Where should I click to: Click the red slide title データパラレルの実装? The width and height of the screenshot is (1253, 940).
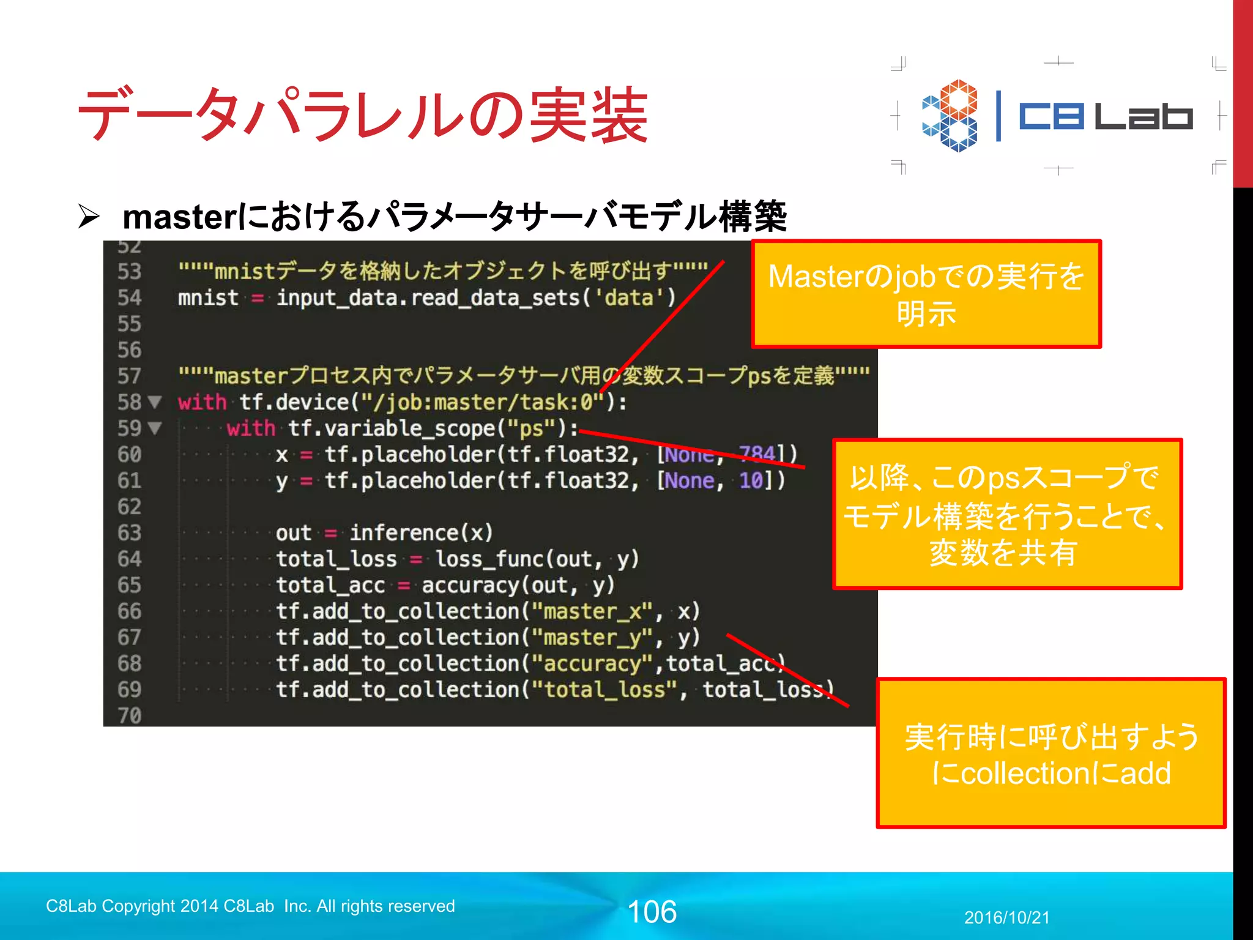click(x=362, y=115)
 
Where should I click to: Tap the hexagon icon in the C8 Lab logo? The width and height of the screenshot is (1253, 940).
click(x=950, y=116)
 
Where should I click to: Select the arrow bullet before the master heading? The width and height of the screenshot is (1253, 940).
click(x=89, y=217)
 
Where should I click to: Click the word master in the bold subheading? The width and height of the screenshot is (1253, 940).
click(x=178, y=217)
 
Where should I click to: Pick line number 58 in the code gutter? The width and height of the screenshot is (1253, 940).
click(x=129, y=402)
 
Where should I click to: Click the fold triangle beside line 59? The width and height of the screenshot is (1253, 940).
click(x=155, y=428)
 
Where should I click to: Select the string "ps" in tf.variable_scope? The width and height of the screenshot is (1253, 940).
click(x=531, y=428)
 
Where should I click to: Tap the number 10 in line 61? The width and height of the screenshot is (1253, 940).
click(x=751, y=481)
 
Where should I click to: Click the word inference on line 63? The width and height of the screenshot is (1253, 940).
click(x=404, y=533)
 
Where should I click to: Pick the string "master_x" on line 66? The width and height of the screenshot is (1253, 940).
click(x=592, y=611)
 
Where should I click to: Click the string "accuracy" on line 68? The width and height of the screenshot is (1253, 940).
click(x=592, y=664)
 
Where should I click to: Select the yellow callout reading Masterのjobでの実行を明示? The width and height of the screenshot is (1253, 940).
click(x=926, y=294)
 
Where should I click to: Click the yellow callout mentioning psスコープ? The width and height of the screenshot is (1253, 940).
click(x=1007, y=514)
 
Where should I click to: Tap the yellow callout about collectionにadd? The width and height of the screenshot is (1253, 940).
click(x=1050, y=753)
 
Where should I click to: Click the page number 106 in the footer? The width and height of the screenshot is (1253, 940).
click(x=652, y=912)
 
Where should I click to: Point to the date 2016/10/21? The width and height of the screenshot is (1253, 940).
click(x=1006, y=917)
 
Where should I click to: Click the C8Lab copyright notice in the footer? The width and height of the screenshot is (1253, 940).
click(x=250, y=906)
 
